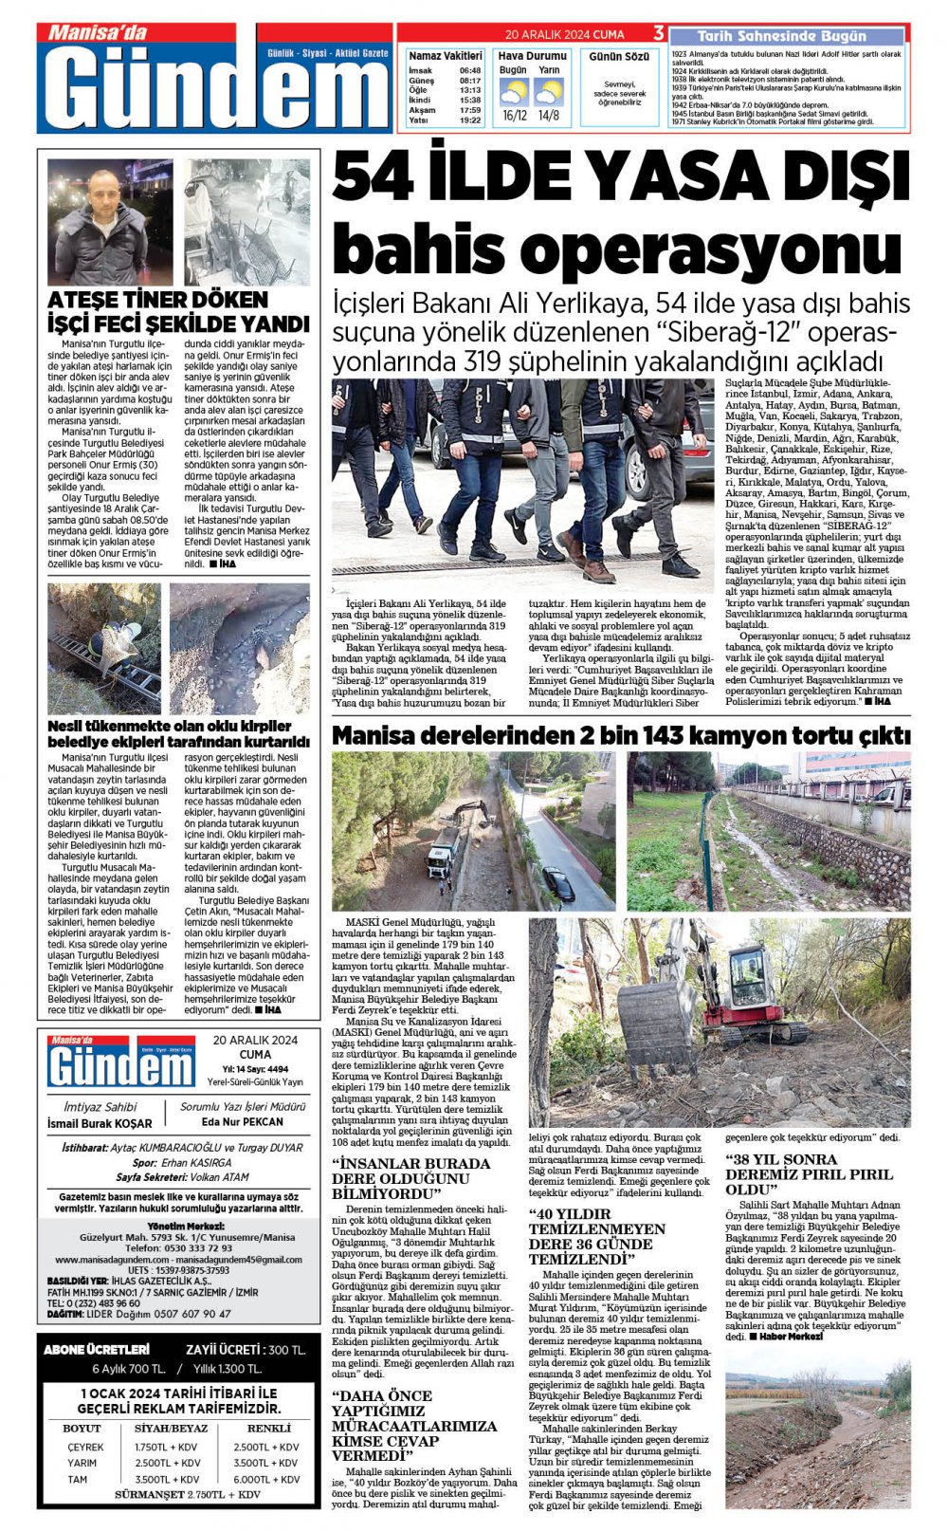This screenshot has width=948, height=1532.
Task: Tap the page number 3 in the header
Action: coord(659,34)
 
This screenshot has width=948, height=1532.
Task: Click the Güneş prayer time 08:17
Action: coord(469,81)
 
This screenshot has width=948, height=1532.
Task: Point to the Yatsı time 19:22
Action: coord(469,120)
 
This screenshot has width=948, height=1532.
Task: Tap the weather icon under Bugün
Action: coord(514,92)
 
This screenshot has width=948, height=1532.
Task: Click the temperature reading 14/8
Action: coord(549,116)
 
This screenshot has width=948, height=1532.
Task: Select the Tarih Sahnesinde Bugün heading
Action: coord(781,36)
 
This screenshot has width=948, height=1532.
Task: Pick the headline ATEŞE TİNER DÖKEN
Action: coord(157,300)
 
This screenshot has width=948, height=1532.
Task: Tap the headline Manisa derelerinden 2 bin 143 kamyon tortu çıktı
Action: coord(621,735)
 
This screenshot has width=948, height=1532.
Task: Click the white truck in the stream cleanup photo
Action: coord(442,858)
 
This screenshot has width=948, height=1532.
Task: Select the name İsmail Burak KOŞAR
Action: coord(100,1123)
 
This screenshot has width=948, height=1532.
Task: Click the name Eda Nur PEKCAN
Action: coord(243,1121)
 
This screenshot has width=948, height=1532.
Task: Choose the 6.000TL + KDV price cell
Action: coord(265,1479)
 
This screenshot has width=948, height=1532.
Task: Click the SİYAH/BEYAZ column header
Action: coord(171,1428)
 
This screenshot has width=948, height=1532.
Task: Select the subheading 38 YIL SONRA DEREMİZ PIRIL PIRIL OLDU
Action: coord(809,1173)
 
